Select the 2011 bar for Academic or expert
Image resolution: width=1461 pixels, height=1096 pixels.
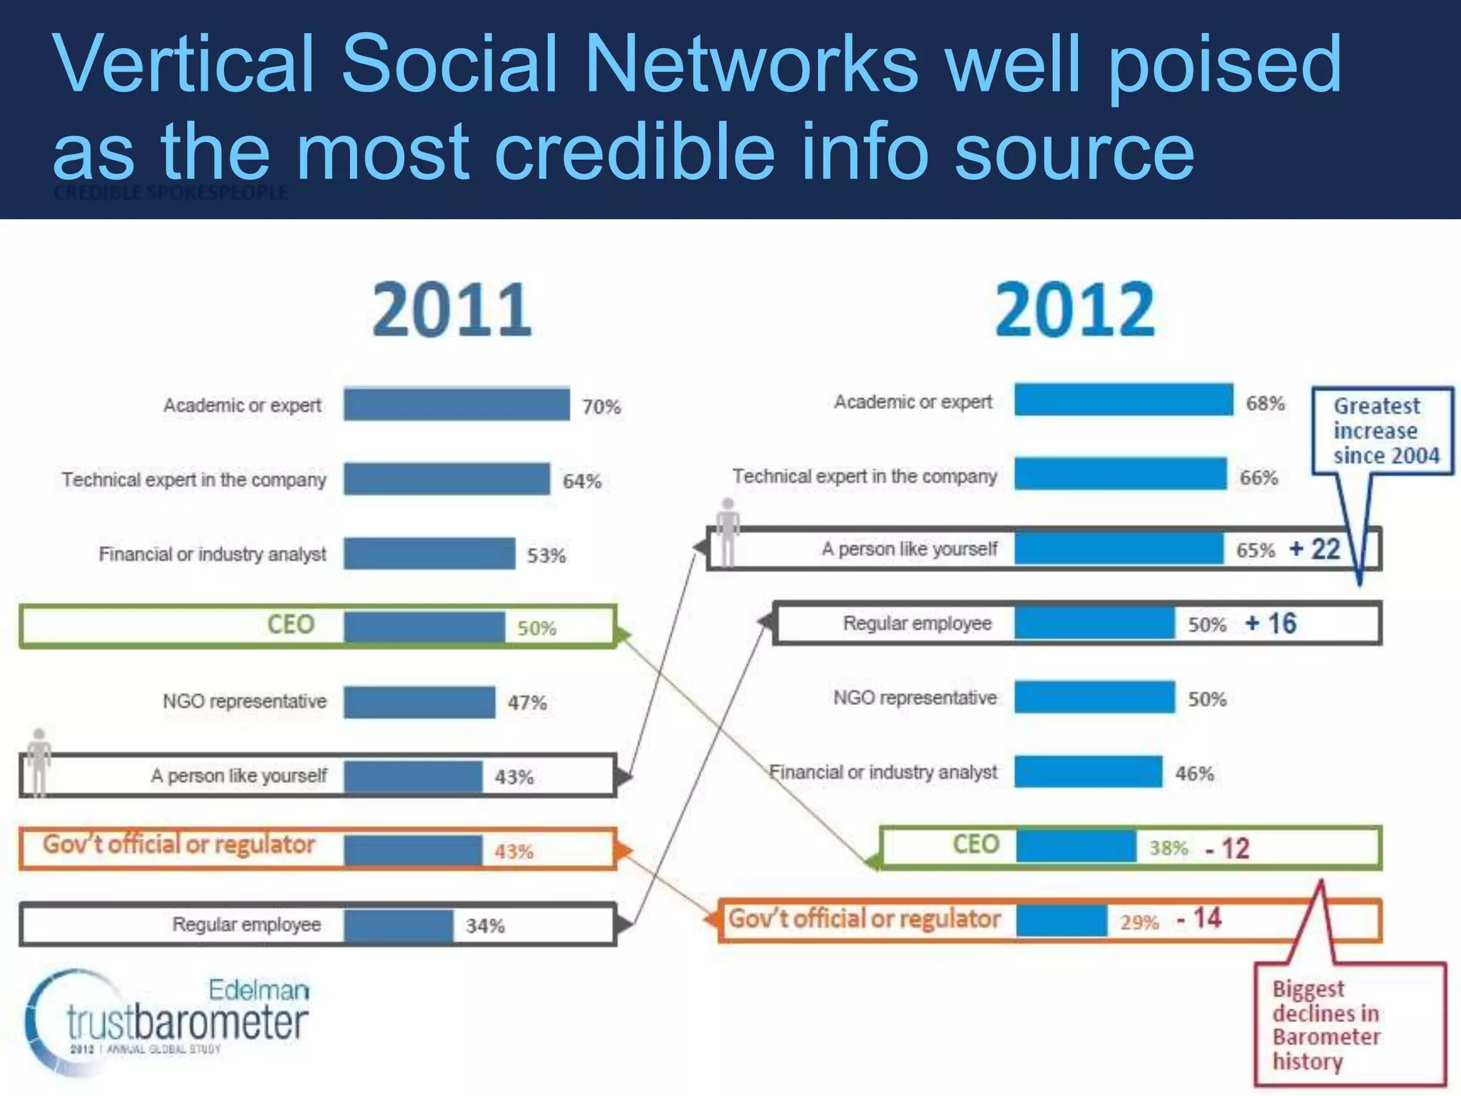coord(457,404)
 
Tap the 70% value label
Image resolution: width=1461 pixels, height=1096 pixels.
coord(601,407)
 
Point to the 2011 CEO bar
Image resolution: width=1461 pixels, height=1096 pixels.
coord(424,627)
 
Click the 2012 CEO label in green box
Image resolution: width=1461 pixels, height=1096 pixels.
coord(975,844)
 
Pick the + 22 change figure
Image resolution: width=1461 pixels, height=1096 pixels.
coord(1315,549)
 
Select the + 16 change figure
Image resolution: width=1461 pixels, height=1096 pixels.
coord(1271,624)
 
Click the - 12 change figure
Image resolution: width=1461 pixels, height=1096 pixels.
coord(1228,848)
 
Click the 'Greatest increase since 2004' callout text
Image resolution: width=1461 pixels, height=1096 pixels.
coord(1385,431)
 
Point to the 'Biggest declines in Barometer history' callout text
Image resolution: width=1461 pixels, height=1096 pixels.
coord(1325,1025)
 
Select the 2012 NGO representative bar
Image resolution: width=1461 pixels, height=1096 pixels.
coord(1094,697)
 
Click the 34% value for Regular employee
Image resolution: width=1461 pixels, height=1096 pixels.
coord(485,926)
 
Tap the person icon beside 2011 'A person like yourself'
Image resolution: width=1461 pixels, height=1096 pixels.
coord(39,761)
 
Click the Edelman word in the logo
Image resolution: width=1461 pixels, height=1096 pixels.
coord(259,990)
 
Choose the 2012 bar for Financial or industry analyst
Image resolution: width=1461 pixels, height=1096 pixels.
coord(1088,772)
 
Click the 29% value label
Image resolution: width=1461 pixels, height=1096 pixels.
coord(1139,923)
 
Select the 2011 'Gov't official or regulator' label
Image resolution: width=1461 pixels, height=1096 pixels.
coord(179,845)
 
